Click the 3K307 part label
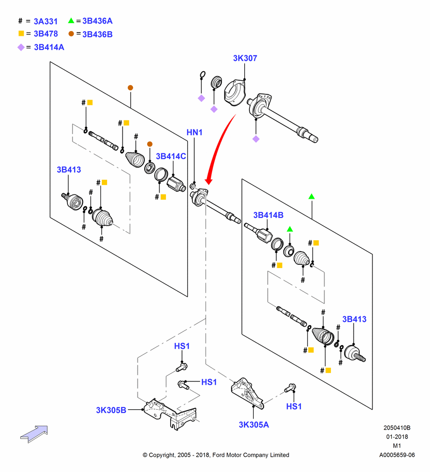[245, 58]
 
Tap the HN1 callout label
[195, 132]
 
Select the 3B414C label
[171, 156]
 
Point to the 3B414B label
[268, 215]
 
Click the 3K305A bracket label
[254, 424]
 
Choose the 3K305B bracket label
[111, 410]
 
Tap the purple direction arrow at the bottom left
[34, 434]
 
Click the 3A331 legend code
[45, 21]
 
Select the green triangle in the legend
[71, 20]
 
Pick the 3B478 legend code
[46, 34]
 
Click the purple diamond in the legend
[21, 47]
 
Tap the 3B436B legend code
[98, 34]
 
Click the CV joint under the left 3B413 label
[73, 201]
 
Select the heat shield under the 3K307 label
[235, 93]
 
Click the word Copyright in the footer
[162, 455]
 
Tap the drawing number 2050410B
[397, 428]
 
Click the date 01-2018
[397, 437]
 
